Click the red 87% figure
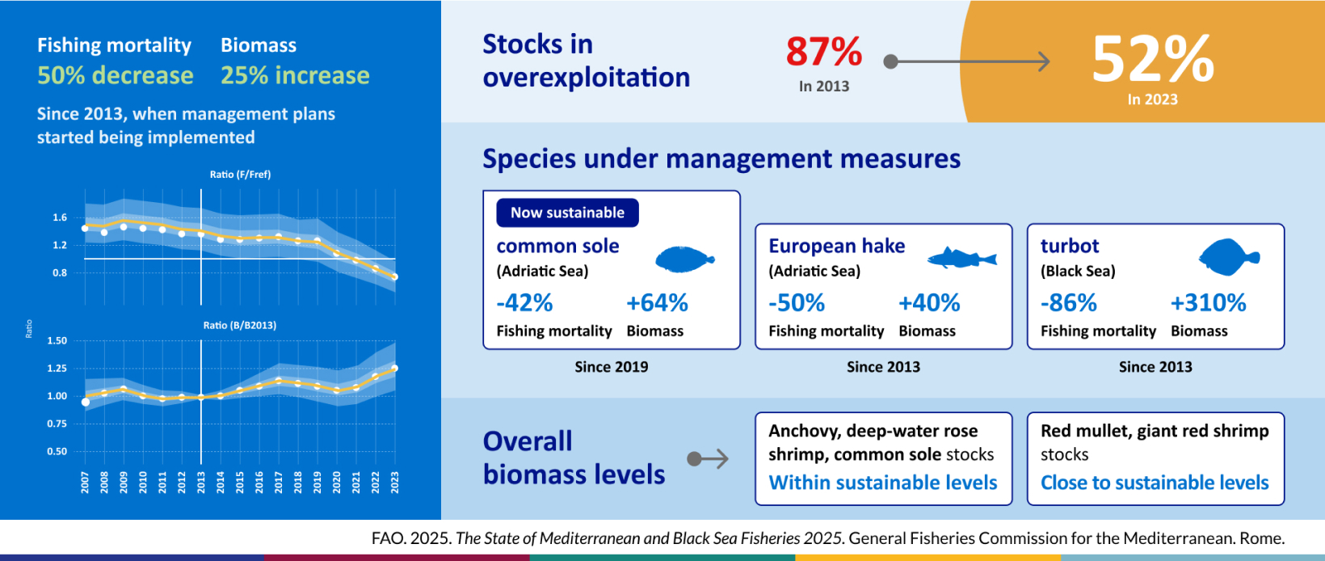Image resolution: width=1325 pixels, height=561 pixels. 824,52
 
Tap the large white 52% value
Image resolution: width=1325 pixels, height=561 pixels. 1152,58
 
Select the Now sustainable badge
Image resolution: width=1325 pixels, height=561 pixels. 567,213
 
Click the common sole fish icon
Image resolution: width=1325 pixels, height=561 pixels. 685,259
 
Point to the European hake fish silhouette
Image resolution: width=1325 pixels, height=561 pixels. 961,258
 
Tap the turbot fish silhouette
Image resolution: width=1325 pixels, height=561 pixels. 1229,257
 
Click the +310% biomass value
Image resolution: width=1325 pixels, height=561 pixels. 1209,303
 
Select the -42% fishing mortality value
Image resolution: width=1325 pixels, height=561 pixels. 524,303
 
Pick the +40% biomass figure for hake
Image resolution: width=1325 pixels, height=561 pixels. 929,303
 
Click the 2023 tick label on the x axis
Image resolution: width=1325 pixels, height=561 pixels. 395,483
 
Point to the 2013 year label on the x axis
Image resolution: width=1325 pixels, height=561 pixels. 201,483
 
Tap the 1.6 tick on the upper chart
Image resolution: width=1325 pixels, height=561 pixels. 60,217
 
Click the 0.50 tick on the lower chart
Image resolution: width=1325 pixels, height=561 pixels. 57,451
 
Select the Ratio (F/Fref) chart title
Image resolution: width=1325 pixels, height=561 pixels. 240,175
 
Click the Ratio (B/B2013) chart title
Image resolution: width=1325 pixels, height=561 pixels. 240,326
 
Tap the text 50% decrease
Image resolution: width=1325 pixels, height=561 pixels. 116,75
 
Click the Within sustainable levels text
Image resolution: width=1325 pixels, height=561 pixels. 883,483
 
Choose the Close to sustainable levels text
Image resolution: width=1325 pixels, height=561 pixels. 1155,483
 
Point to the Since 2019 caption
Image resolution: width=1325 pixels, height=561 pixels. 612,367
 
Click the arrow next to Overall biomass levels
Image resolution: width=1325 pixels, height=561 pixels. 708,458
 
